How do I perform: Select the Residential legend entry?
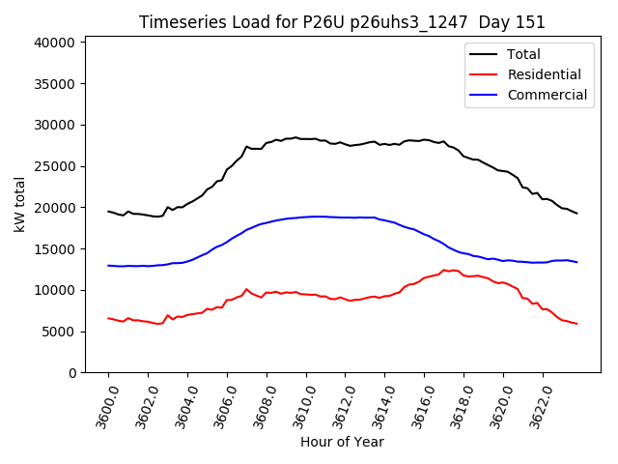[x=544, y=74]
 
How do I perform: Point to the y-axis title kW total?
[x=19, y=204]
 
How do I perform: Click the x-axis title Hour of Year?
[x=342, y=442]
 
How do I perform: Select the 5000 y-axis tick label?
[x=61, y=332]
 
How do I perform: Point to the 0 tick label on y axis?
[x=72, y=373]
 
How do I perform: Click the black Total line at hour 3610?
[x=306, y=139]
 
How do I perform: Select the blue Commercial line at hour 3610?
[x=306, y=217]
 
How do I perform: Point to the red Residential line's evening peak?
[x=444, y=271]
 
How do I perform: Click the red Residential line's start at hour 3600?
[x=109, y=318]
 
